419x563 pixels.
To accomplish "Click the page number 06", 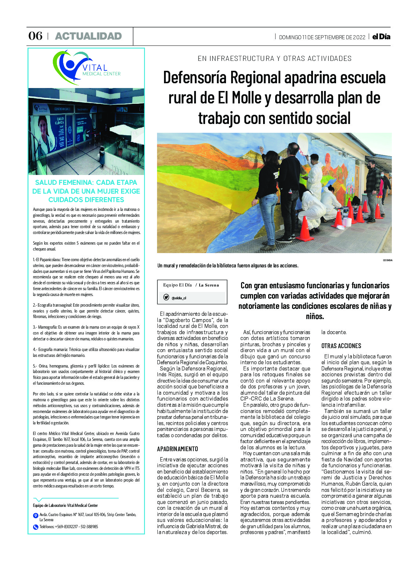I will coord(35,36).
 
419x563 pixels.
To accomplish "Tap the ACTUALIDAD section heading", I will coord(88,36).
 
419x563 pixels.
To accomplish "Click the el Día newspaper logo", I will coord(381,37).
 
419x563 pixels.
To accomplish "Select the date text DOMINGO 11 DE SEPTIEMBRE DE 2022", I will coord(322,37).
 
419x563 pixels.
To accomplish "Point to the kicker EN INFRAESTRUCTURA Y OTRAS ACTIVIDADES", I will coord(274,58).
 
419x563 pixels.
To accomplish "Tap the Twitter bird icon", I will coord(166,297).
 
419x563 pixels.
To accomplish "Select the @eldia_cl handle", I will coord(179,298).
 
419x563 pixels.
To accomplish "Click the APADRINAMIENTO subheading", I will coord(178,449).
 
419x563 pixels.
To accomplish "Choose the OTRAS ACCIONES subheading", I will coord(341,346).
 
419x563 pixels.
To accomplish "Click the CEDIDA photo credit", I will coord(387,260).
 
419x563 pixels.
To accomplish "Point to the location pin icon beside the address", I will coord(36,516).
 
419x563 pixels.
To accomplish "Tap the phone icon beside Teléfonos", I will coord(36,527).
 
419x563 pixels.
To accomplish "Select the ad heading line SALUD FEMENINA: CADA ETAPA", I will coord(86,183).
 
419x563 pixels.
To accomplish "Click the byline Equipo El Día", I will coord(178,285).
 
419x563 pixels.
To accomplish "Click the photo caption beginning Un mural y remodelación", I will coord(227,266).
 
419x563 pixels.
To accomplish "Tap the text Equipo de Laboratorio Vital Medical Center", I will coord(65,505).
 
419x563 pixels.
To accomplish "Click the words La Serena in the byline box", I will coord(209,285).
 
